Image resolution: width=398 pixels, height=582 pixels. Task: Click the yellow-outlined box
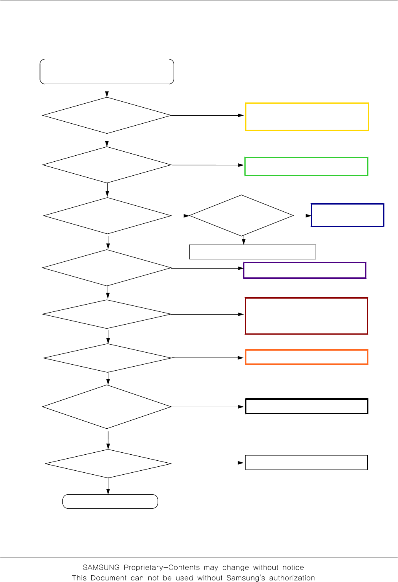(307, 116)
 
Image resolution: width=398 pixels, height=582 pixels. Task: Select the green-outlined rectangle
(306, 167)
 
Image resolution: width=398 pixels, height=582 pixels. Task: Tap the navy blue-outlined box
(347, 215)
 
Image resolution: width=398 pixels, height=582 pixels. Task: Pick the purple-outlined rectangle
(305, 270)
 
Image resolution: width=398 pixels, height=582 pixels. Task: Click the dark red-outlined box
(306, 316)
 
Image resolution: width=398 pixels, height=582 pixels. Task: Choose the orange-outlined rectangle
(306, 357)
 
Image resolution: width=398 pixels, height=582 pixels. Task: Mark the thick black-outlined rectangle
(306, 406)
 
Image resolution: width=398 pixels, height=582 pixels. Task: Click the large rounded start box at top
(107, 72)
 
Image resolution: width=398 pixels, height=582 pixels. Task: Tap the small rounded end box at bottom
(110, 502)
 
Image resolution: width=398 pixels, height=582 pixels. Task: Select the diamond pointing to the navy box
(242, 216)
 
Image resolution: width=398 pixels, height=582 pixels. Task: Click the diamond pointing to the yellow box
(107, 115)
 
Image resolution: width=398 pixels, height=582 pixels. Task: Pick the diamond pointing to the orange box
(108, 358)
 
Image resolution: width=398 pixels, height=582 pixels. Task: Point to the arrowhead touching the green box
(241, 165)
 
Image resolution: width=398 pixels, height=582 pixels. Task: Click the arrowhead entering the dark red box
(241, 314)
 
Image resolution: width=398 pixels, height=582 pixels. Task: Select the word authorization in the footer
(292, 578)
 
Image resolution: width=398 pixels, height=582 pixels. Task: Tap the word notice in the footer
(293, 568)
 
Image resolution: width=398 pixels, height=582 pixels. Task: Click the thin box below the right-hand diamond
(252, 252)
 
